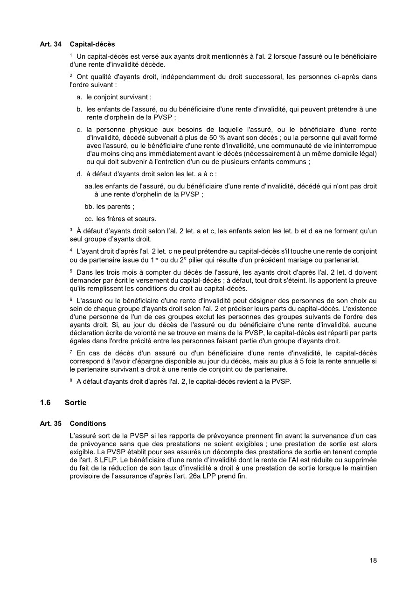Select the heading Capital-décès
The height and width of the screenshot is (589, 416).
(x=92, y=44)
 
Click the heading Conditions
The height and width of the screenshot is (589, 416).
(x=88, y=423)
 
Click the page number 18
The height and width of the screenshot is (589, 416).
(x=373, y=560)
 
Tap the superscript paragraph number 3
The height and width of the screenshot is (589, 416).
(x=71, y=229)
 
